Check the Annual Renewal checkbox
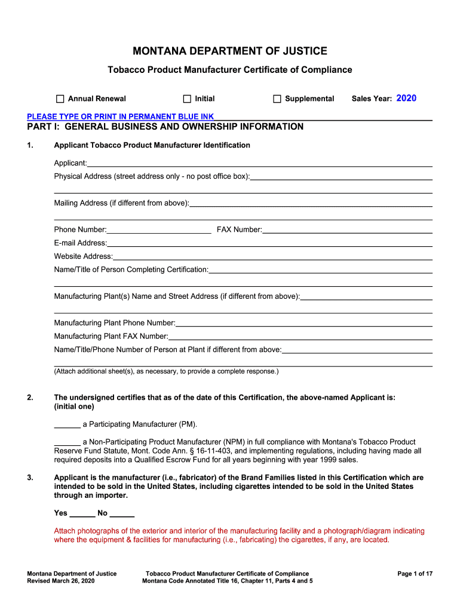60,99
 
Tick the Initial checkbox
187,99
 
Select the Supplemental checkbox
277,99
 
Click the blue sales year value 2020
406,98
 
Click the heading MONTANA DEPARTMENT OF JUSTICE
230,51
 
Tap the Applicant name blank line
259,163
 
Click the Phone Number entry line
159,230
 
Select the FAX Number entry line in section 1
347,230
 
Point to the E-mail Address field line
269,243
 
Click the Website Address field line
272,256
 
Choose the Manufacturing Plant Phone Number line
303,323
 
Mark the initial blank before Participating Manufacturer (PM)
67,425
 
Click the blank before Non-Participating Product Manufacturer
67,442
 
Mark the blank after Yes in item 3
82,513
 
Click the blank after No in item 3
122,513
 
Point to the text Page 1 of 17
415,574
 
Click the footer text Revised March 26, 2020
61,581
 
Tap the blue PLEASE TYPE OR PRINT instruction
121,116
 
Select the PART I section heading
165,127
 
